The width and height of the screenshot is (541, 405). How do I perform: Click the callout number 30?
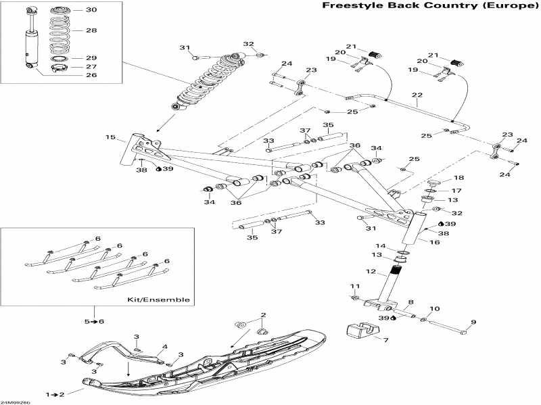(x=91, y=10)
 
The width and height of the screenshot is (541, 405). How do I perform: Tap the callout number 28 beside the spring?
(x=91, y=31)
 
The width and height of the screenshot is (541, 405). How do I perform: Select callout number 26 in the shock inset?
(x=91, y=75)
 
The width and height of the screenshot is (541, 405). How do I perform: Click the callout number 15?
(x=110, y=138)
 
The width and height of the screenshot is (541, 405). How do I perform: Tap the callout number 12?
(x=371, y=271)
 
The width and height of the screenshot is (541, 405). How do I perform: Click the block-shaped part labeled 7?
(x=361, y=332)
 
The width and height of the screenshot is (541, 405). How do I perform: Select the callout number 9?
(x=473, y=322)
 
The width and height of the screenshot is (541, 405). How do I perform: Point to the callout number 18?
(x=458, y=178)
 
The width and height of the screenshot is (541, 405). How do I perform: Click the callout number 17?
(x=456, y=191)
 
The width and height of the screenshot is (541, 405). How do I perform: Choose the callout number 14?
(x=381, y=246)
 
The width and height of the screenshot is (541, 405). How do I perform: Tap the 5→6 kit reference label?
(x=93, y=320)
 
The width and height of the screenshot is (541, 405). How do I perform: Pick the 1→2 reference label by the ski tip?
(x=53, y=394)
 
